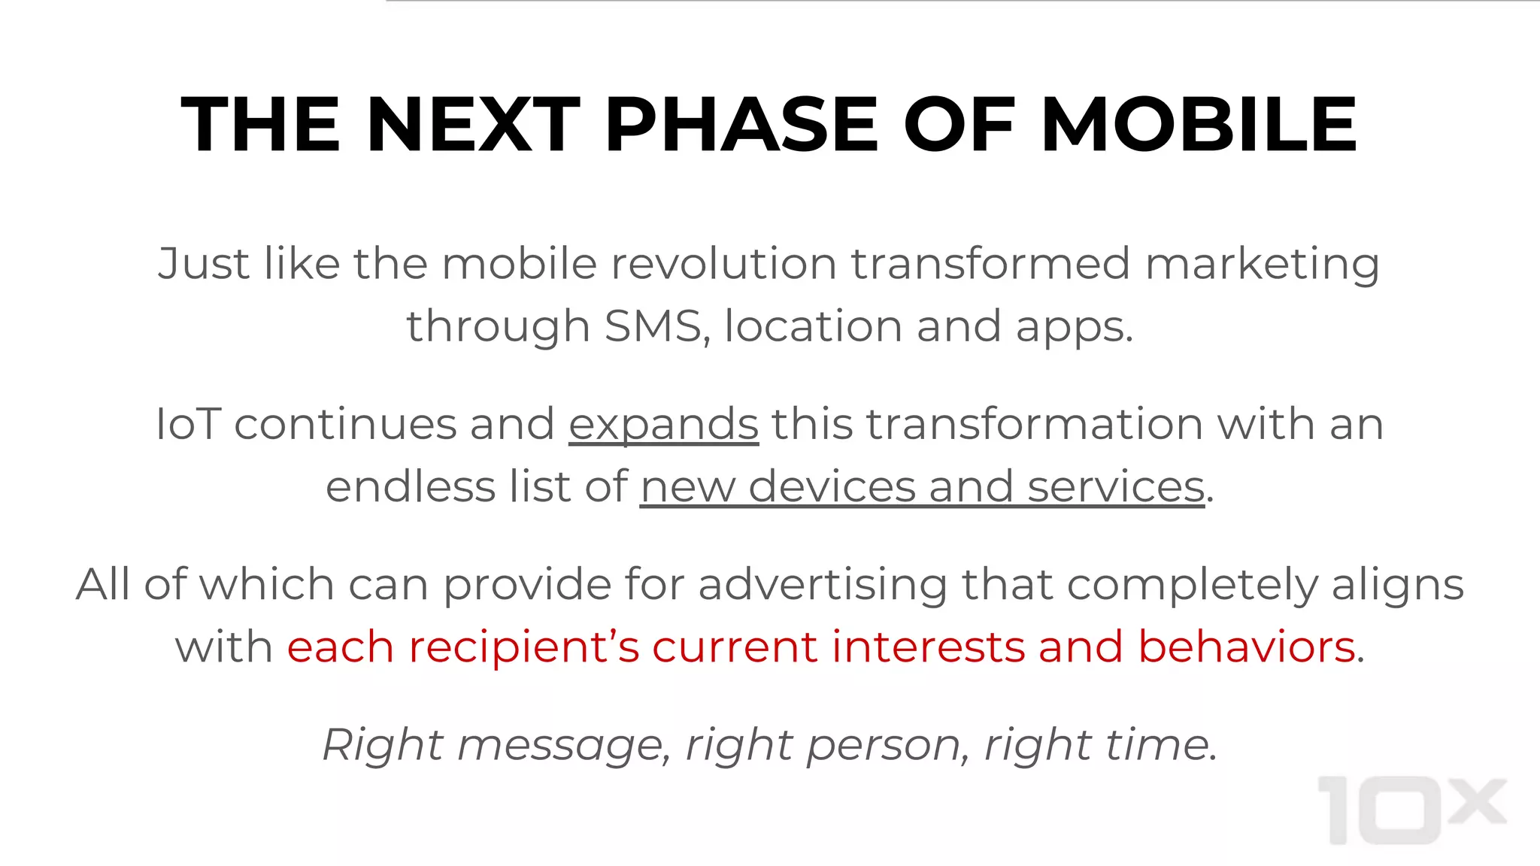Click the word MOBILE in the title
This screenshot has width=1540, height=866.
[x=1199, y=125]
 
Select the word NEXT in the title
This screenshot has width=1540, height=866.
[x=473, y=125]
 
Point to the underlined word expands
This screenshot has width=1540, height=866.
[x=663, y=425]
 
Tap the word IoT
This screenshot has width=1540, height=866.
[x=187, y=424]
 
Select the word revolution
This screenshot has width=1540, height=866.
[x=723, y=264]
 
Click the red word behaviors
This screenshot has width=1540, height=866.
[x=1247, y=647]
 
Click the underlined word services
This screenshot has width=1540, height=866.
[x=1116, y=486]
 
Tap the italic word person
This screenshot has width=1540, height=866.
[x=885, y=746]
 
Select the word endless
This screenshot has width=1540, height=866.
[x=411, y=486]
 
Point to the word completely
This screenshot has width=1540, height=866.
[x=1191, y=586]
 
